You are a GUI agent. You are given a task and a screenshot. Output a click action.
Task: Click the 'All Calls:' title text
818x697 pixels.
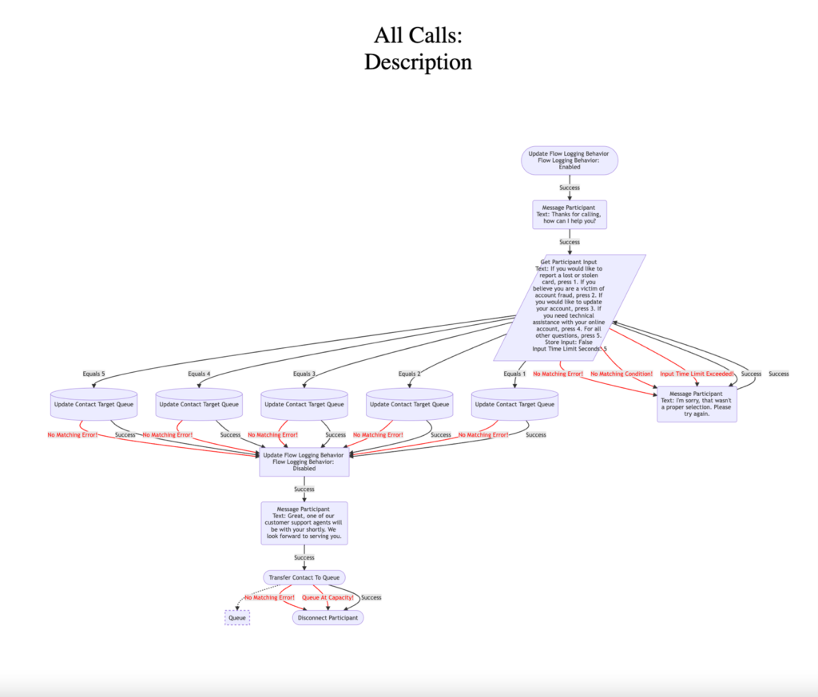pos(418,36)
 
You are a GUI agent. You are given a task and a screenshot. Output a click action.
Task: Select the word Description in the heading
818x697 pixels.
pos(418,61)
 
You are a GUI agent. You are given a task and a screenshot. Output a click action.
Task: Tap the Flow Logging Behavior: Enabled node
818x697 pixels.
pos(570,160)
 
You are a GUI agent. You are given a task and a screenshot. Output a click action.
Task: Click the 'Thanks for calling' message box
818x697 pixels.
pos(570,215)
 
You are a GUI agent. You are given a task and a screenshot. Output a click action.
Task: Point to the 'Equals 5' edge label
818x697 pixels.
pos(93,374)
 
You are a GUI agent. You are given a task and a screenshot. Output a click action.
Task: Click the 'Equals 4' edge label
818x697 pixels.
pos(199,374)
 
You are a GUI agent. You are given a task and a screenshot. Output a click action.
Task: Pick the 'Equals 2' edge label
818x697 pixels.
pos(409,374)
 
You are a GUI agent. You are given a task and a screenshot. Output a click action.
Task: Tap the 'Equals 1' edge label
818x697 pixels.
pos(514,374)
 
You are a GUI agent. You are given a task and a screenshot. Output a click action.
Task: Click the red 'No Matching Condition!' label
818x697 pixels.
pos(621,374)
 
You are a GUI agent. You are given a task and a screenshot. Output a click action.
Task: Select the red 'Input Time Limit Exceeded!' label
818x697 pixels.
pos(697,374)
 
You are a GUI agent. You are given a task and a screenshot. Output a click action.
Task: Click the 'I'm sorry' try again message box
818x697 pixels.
pos(697,404)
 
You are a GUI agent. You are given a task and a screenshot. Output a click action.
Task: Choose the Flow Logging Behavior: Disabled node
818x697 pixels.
pos(304,461)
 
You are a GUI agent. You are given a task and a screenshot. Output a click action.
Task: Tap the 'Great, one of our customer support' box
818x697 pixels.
pos(304,523)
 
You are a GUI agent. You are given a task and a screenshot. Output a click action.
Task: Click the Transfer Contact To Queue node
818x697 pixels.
pos(304,577)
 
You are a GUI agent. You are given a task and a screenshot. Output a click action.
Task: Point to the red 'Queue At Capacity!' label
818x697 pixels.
pos(328,597)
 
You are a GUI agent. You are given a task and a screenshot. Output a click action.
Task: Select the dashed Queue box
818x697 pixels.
pos(237,617)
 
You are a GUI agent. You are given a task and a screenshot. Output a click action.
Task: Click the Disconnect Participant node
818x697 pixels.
pos(328,617)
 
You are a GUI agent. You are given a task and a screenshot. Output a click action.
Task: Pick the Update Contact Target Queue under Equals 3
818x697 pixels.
pos(304,404)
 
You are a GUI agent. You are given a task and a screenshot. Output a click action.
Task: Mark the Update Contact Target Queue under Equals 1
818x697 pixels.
pos(514,404)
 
